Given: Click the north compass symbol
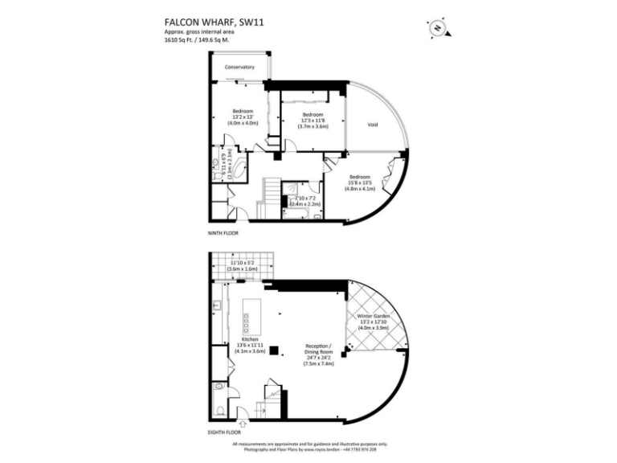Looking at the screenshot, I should [x=438, y=27].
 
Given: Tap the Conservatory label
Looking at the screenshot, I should [x=239, y=68].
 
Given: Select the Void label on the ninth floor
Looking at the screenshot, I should [x=372, y=125].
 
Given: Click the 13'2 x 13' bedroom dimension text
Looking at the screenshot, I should [x=243, y=117].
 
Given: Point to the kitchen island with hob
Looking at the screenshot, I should [x=247, y=318].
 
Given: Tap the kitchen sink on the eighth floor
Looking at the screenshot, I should [x=218, y=306].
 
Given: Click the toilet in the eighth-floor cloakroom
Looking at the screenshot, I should [x=220, y=410].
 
